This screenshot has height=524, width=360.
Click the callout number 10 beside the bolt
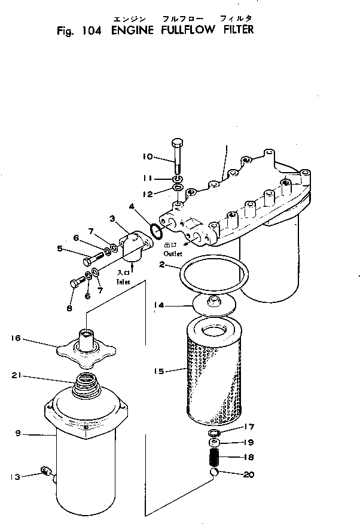[148, 157]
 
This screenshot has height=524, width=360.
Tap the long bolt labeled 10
[178, 155]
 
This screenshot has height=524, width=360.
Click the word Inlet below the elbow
[124, 281]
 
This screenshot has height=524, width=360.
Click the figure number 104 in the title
[86, 30]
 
